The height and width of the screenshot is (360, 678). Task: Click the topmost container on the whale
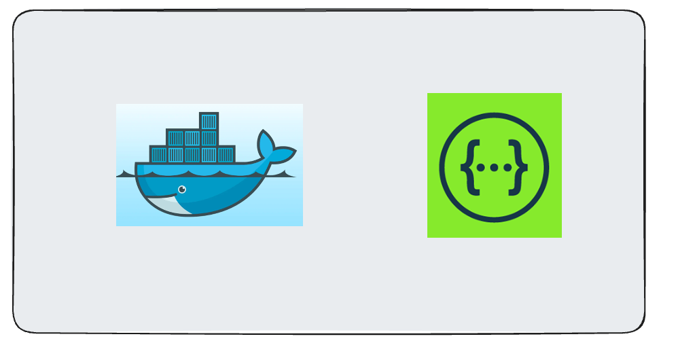pyautogui.click(x=209, y=121)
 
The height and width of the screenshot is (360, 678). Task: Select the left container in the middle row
pyautogui.click(x=175, y=138)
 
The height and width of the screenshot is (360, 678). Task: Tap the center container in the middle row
pyautogui.click(x=192, y=138)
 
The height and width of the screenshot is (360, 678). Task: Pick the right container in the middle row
pyautogui.click(x=209, y=138)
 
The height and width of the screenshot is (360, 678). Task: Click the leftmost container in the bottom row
pyautogui.click(x=159, y=154)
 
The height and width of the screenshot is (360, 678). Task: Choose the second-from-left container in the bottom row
pyautogui.click(x=175, y=154)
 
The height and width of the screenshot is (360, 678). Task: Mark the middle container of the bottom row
pyautogui.click(x=192, y=154)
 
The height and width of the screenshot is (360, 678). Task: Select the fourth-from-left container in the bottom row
pyautogui.click(x=209, y=154)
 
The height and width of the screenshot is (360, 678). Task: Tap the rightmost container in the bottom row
pyautogui.click(x=226, y=154)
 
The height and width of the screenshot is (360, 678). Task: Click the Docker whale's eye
pyautogui.click(x=181, y=190)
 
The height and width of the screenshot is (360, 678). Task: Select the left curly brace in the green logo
pyautogui.click(x=468, y=165)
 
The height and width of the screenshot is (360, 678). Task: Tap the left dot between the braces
pyautogui.click(x=482, y=166)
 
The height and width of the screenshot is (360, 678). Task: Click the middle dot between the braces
pyautogui.click(x=494, y=166)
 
